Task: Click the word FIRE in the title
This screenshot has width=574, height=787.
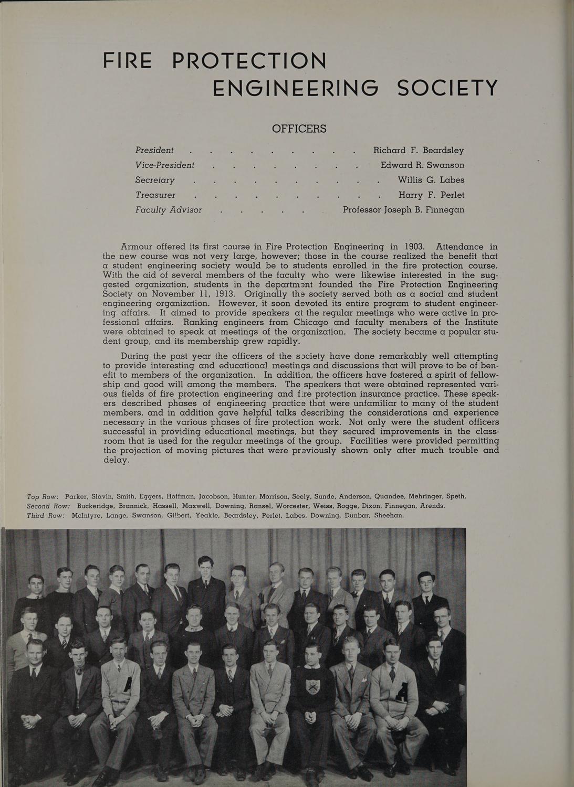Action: coord(128,61)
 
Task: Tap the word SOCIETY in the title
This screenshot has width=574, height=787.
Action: coord(447,88)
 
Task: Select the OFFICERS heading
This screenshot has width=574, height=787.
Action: coord(299,129)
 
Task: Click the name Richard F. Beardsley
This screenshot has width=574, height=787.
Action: coord(418,150)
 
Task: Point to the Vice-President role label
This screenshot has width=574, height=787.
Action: coord(165,165)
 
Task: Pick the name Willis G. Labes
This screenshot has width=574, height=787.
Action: coord(431,180)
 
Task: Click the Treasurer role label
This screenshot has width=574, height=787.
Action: coord(155,195)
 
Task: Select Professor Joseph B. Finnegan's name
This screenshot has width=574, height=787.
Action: coord(403,210)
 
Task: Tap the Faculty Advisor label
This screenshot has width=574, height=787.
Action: coord(169,210)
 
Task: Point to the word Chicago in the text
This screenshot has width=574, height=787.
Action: coord(311,322)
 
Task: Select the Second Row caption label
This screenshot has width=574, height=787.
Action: coord(48,506)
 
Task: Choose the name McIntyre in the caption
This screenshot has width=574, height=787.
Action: coord(86,515)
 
